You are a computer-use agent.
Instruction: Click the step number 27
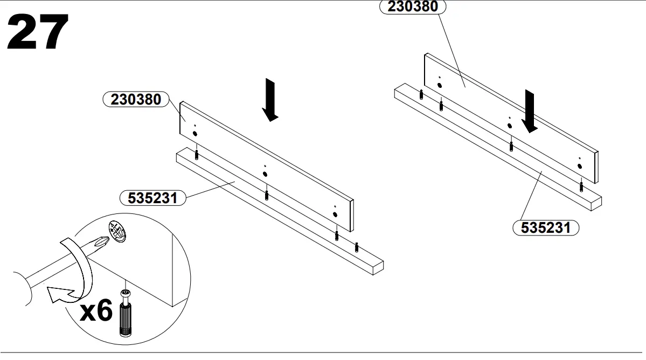pos(38,32)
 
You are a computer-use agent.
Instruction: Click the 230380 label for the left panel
pos(136,100)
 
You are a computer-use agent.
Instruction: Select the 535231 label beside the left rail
pos(152,198)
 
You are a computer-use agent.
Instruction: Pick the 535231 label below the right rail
pos(545,227)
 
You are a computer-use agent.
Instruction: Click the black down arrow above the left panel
pos(270,100)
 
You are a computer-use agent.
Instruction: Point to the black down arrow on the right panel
pos(530,111)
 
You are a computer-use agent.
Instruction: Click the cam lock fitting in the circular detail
pos(119,232)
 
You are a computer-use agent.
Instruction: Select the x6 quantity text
pos(96,312)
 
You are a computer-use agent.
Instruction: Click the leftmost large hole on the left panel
pos(195,134)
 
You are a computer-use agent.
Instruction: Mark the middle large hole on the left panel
pos(265,174)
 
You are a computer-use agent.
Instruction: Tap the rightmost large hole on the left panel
pos(335,214)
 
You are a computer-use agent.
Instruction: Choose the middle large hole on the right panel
pos(509,126)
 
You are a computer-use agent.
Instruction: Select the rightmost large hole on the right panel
pos(579,166)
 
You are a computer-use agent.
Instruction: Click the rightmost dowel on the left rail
pos(356,247)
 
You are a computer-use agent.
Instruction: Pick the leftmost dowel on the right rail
pos(421,95)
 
